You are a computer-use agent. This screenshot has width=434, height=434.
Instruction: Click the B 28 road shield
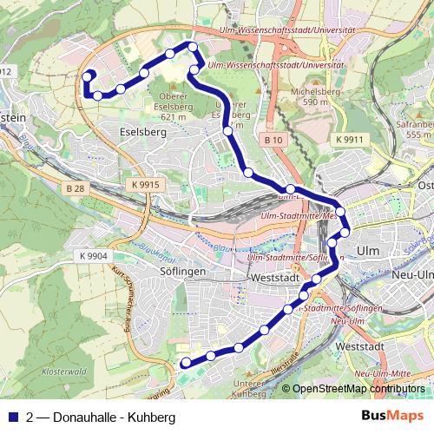pyautogui.click(x=76, y=187)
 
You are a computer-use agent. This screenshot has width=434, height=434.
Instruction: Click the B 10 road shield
pyautogui.click(x=273, y=140)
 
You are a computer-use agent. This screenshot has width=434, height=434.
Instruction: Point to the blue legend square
pyautogui.click(x=12, y=417)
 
